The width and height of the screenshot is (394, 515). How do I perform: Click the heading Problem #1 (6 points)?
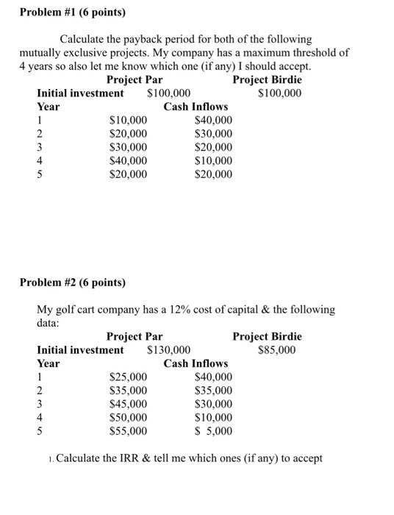point(72,13)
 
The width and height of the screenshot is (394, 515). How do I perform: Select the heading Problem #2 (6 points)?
point(72,282)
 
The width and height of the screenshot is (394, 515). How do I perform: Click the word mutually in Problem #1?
point(43,52)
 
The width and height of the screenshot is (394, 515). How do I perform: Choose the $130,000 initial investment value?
point(169,350)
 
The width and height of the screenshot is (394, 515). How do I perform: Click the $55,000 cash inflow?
point(128,431)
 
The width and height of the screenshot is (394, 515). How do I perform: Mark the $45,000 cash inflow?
point(128,404)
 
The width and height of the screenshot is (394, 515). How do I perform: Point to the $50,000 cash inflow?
point(128,418)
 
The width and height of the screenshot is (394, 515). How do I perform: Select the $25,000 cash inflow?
point(128,377)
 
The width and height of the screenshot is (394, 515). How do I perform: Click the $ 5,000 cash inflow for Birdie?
point(213,431)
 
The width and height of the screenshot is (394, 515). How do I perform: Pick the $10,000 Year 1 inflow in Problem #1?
point(128,121)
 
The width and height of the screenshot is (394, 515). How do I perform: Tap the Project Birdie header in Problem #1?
point(267,79)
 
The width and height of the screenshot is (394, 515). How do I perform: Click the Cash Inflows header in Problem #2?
point(196,363)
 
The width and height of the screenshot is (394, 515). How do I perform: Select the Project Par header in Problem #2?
point(135,336)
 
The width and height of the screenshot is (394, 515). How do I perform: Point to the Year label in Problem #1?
point(49,107)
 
